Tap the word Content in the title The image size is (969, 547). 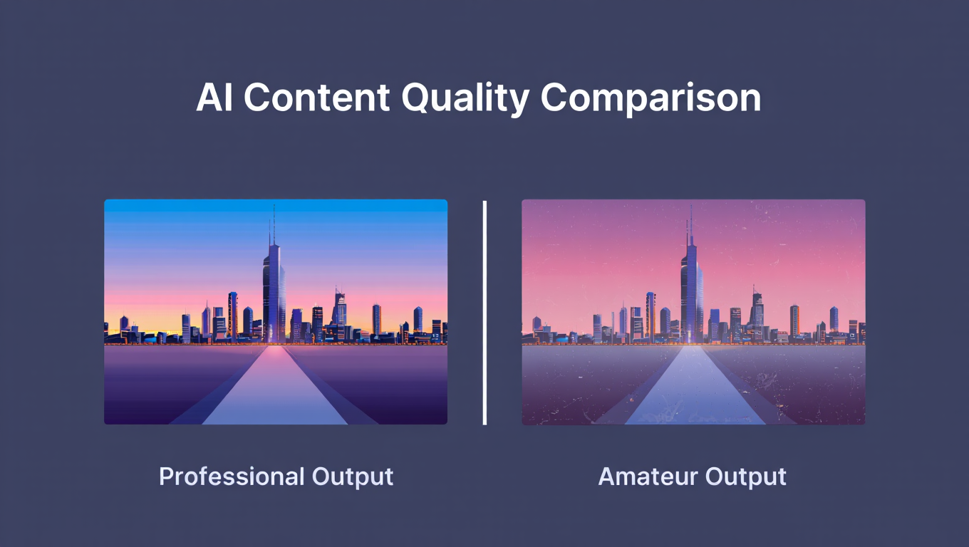point(316,98)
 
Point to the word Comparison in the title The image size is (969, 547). point(651,98)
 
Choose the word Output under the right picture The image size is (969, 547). point(745,476)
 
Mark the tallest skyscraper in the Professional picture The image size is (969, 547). point(274,292)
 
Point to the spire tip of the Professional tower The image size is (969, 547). point(274,207)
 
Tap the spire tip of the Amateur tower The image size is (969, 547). point(690,207)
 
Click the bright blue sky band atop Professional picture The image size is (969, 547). point(276,206)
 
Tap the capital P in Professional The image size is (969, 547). point(165,476)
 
